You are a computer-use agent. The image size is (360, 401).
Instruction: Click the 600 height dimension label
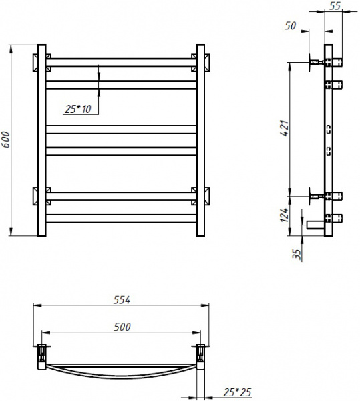point(5,140)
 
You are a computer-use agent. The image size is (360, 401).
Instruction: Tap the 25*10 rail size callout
point(78,109)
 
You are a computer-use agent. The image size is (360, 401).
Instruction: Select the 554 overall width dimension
point(122,300)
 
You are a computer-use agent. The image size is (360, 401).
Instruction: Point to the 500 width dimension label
point(122,327)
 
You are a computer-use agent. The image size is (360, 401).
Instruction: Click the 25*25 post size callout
point(237,392)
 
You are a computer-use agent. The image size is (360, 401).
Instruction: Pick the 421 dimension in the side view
point(285,128)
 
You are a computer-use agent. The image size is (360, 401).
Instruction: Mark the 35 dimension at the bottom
point(297,254)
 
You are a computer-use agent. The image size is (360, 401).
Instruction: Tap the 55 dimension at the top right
point(335,5)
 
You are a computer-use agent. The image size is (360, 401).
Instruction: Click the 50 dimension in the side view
point(291,25)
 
